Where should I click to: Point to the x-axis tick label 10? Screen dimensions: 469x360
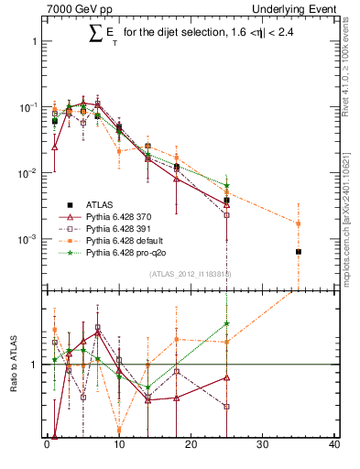pyautogui.click(x=118, y=446)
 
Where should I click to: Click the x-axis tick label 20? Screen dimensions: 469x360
pyautogui.click(x=191, y=446)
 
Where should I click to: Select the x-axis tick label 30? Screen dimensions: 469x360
pyautogui.click(x=262, y=446)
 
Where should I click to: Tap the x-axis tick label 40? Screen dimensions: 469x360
pyautogui.click(x=333, y=446)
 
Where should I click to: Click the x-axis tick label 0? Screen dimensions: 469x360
pyautogui.click(x=47, y=446)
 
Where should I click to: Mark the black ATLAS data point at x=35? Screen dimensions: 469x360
pyautogui.click(x=299, y=252)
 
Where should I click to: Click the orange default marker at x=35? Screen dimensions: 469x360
pyautogui.click(x=299, y=223)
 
